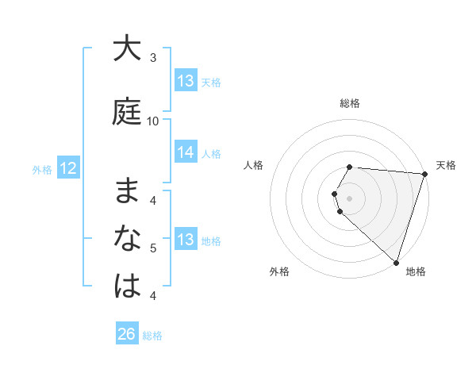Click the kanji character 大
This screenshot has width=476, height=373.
127,49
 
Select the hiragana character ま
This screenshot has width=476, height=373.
127,191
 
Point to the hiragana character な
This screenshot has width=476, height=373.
127,238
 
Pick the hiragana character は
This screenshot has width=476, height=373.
127,286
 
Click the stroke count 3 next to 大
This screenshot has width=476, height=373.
153,58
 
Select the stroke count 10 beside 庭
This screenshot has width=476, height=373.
153,121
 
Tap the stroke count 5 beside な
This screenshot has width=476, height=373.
153,248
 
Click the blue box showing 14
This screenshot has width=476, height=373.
186,152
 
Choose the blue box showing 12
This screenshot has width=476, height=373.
67,168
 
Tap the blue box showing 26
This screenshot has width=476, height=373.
127,334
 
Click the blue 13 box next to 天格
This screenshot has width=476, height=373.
186,81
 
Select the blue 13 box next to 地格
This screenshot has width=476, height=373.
186,240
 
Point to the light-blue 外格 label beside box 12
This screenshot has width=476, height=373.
41,169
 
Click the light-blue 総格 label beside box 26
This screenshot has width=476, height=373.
152,336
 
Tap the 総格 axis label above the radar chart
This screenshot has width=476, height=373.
350,103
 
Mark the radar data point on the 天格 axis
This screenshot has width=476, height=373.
424,174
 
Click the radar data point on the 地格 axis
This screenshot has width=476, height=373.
395,262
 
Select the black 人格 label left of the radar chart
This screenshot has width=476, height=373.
254,165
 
